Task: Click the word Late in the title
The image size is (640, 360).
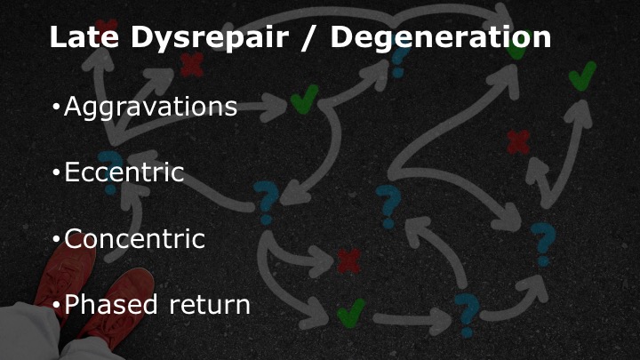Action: coord(84,37)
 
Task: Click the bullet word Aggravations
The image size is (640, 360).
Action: coord(150,107)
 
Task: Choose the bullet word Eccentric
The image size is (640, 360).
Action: coord(124,172)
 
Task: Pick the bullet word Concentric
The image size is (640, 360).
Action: coord(135,239)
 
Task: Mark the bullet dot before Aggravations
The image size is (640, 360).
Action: coord(56,108)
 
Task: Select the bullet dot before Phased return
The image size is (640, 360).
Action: coord(56,305)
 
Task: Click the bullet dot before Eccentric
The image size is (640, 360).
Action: coord(56,172)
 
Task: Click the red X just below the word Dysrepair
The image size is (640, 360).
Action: coord(192,65)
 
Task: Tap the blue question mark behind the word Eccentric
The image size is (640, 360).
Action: coord(110,172)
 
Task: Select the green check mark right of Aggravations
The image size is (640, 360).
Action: coord(305,99)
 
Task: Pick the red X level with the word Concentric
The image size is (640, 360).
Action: coord(349,260)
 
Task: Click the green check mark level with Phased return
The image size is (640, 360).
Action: coord(351,313)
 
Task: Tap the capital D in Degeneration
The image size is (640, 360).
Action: coord(342,37)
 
